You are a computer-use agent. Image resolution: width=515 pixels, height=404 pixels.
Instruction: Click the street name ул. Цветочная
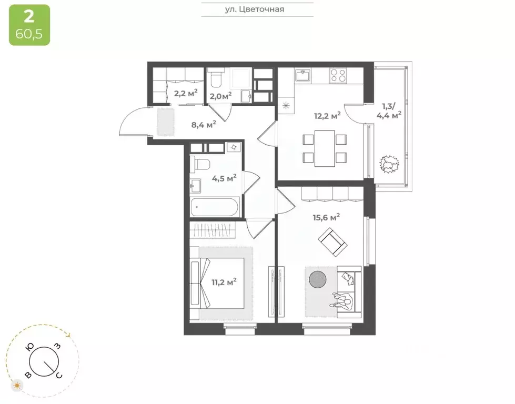pos(257,9)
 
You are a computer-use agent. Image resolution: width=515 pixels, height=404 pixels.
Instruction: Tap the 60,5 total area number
pos(29,35)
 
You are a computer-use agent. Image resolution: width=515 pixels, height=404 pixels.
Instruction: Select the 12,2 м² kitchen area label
pos(327,116)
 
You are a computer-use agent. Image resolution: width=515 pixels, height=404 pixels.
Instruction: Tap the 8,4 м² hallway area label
pos(203,124)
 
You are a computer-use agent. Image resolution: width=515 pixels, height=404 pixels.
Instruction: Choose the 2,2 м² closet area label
pos(186,93)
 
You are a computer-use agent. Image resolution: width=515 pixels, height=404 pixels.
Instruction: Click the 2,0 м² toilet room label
pos(220,96)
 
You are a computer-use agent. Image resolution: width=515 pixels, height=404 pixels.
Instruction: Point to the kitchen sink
pos(304,76)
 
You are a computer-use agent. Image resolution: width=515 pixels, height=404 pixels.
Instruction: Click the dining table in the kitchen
pos(325,148)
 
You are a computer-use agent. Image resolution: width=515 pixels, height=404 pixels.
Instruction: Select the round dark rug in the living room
pos(318,279)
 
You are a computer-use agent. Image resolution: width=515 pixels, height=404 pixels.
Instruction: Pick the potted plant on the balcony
pos(389,165)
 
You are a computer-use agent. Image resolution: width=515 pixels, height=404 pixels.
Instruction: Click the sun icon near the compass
pos(17,386)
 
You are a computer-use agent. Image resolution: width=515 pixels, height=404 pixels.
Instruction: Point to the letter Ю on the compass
pos(31,347)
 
